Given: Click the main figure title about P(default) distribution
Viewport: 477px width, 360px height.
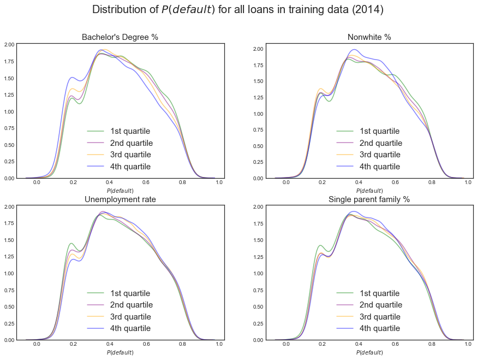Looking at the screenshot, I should click(x=238, y=10).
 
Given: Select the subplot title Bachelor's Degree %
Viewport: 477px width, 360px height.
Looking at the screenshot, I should click(x=120, y=37).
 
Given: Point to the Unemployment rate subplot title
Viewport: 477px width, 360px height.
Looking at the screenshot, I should click(x=120, y=199).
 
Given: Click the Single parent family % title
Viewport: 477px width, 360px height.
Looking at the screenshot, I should click(x=369, y=199).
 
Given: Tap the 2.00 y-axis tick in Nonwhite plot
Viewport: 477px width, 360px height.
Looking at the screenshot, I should click(x=257, y=49).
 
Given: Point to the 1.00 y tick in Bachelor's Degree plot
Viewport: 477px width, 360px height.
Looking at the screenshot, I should click(x=8, y=111).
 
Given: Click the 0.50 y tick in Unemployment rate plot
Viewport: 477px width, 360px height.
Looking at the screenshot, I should click(x=8, y=306).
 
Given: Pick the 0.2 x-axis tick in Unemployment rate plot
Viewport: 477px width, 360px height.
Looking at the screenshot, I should click(x=73, y=345).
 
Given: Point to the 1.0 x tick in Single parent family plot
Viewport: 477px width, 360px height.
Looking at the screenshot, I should click(x=468, y=345).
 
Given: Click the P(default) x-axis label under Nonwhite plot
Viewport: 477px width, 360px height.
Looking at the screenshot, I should click(x=369, y=191).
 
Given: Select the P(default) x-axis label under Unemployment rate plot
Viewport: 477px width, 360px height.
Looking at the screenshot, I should click(x=120, y=352).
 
